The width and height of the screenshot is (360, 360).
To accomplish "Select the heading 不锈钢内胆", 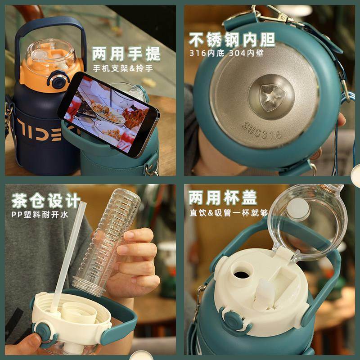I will click(x=232, y=40).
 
